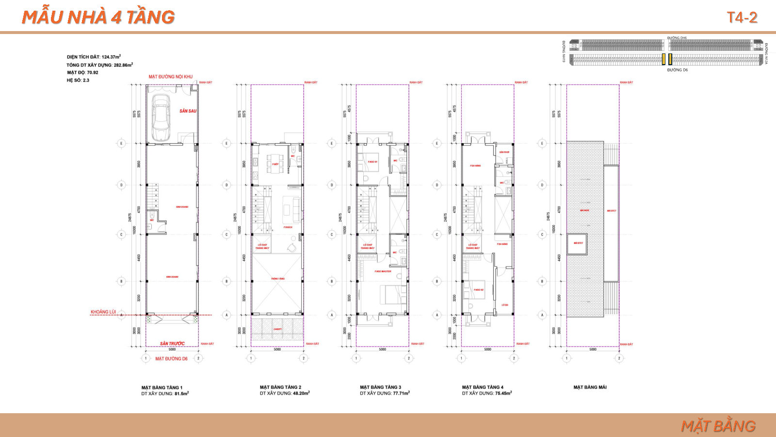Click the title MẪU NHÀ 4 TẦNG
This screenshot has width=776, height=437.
pyautogui.click(x=98, y=17)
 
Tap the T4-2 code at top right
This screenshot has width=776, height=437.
pyautogui.click(x=742, y=17)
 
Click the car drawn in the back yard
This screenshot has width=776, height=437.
pyautogui.click(x=161, y=118)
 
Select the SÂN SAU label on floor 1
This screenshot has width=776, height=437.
pyautogui.click(x=188, y=111)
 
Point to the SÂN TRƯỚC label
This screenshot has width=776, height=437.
pyautogui.click(x=172, y=343)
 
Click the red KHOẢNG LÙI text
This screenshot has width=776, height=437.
pyautogui.click(x=103, y=312)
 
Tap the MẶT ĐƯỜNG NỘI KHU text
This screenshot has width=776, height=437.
pyautogui.click(x=171, y=77)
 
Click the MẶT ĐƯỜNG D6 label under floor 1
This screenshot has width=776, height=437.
pyautogui.click(x=171, y=359)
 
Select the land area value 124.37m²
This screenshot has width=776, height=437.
pyautogui.click(x=111, y=57)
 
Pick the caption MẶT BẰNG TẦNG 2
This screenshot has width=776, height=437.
pyautogui.click(x=280, y=387)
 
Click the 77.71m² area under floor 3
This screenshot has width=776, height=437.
pyautogui.click(x=401, y=393)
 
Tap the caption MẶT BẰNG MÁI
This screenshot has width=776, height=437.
pyautogui.click(x=590, y=387)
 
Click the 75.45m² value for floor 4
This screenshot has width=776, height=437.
pyautogui.click(x=502, y=393)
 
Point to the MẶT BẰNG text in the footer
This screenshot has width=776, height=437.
pyautogui.click(x=718, y=426)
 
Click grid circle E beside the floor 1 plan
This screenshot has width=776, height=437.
pyautogui.click(x=121, y=143)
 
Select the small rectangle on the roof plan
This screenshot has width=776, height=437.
pyautogui.click(x=578, y=243)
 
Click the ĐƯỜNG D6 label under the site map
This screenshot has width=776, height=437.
pyautogui.click(x=677, y=70)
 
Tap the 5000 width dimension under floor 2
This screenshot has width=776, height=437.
pyautogui.click(x=277, y=350)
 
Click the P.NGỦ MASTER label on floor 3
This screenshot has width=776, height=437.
pyautogui.click(x=383, y=271)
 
